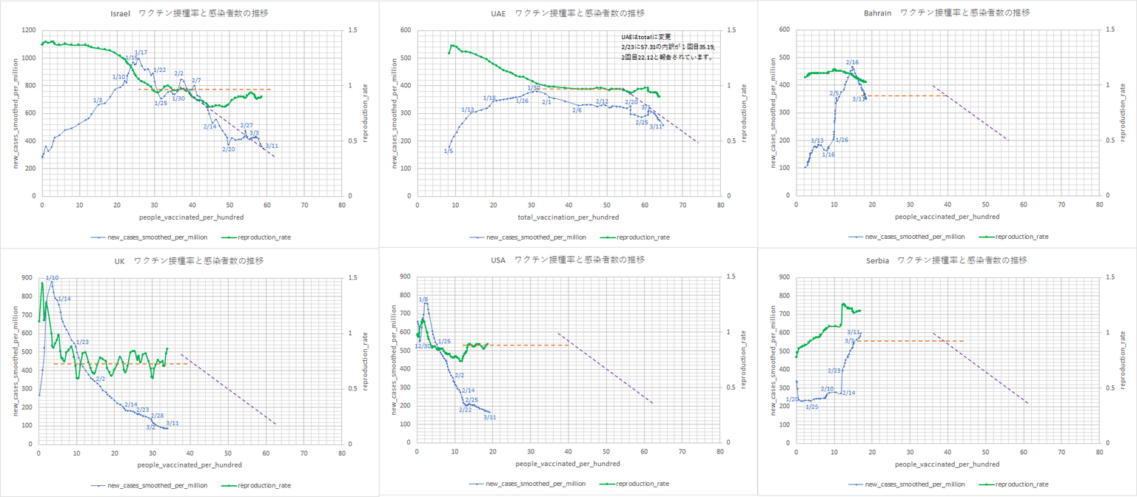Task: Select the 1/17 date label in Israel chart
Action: point(141,53)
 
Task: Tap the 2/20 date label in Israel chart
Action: point(229,149)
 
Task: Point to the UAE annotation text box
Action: point(668,47)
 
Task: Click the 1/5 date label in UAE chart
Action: point(449,152)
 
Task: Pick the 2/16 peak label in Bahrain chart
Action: point(852,63)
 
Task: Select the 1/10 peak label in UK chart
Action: point(53,278)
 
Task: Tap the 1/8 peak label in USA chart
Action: point(423,300)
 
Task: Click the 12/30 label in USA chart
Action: point(423,346)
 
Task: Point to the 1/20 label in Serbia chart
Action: point(793,399)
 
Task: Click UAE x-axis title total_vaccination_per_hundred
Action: point(568,217)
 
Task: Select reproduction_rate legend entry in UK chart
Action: point(264,485)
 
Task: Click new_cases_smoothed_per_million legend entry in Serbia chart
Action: point(915,484)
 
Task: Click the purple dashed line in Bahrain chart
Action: point(970,112)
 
